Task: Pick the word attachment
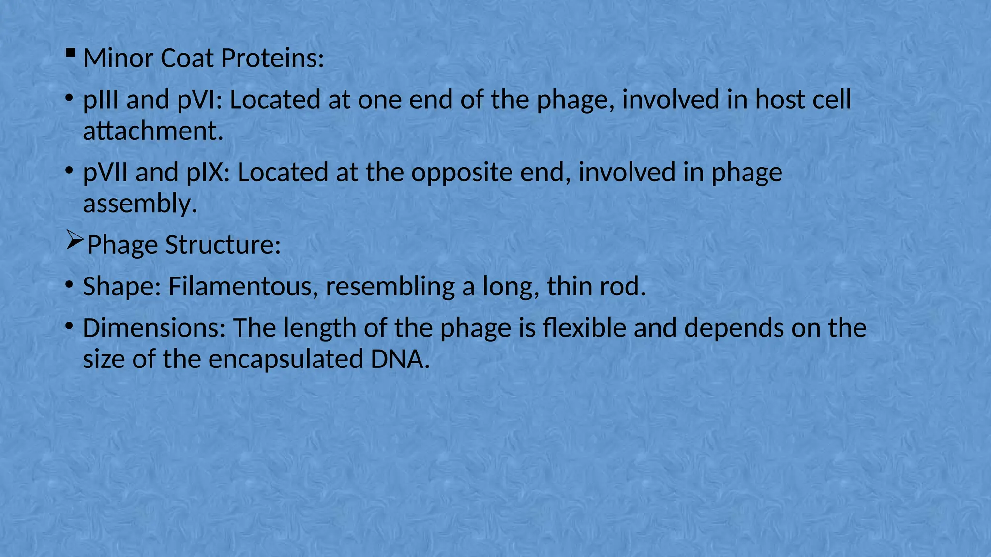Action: coord(153,131)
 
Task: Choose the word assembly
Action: coord(140,204)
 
